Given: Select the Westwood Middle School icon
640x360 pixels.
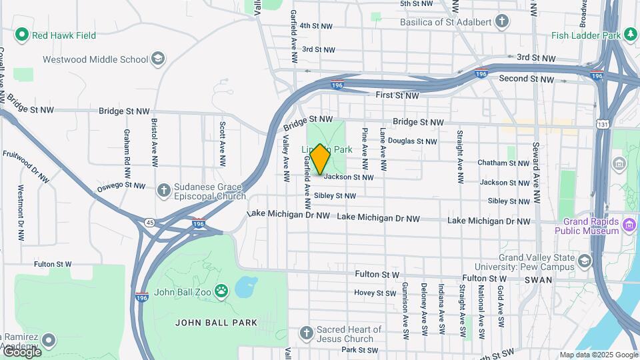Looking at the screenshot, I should pos(158,59).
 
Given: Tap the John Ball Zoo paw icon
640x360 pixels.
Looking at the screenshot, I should pos(221,291).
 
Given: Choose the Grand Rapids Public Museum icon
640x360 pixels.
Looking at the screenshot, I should pos(628,226).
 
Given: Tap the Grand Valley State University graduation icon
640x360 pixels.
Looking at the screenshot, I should pos(585,260).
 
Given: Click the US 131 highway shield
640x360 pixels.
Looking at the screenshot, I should pos(602,124).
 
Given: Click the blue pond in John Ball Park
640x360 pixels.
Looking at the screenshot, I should pos(245,287).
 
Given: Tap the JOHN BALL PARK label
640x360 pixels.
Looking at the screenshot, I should pos(216,323).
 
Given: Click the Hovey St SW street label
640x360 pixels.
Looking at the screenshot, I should pos(375,293).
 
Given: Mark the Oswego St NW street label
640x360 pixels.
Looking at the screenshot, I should pos(122,185).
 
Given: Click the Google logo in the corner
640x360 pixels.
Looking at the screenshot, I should pos(21,352).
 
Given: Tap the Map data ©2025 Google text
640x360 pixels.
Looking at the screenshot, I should pos(599,355).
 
